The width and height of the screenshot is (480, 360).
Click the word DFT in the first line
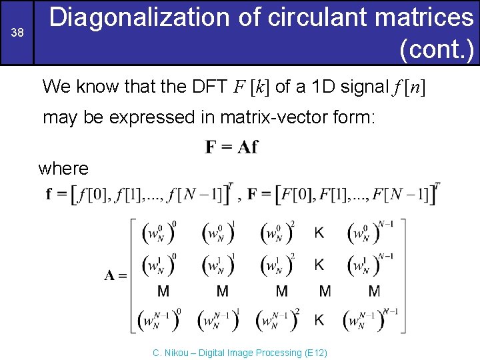(209, 87)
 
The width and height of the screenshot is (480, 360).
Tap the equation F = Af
(231, 147)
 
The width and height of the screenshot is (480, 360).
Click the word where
(63, 168)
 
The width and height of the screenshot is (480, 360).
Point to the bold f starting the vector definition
(49, 195)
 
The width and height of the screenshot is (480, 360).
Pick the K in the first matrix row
(319, 233)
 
